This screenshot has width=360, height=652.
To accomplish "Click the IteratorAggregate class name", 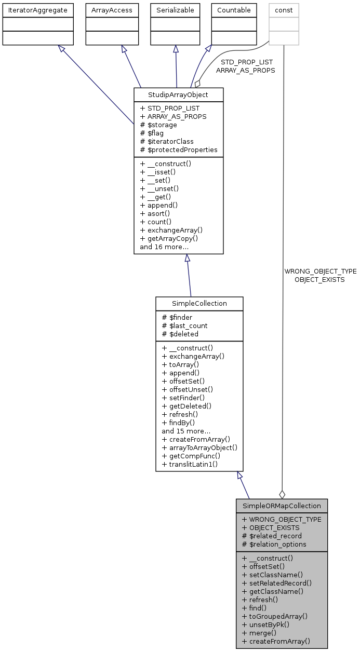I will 37,10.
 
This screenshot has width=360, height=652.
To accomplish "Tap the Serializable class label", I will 176,10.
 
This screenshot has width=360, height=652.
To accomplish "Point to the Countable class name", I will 234,10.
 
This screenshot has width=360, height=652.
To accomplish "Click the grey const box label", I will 284,10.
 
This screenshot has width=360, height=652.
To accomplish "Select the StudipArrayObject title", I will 178,95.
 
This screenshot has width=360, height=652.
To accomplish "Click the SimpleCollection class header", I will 199,303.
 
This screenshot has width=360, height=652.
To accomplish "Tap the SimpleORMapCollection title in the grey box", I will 282,506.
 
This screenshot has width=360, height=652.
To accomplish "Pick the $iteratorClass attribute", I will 167,141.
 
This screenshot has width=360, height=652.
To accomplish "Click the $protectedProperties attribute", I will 179,150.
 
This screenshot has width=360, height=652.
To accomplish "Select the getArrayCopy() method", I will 169,238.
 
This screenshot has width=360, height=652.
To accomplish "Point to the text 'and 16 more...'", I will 164,247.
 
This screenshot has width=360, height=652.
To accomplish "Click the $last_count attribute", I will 184,325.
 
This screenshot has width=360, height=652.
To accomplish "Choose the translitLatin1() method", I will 190,464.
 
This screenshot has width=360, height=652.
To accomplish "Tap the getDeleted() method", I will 186,406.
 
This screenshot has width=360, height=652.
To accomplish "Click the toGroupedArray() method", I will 275,616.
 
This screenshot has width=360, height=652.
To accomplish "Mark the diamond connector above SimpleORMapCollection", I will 282,494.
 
